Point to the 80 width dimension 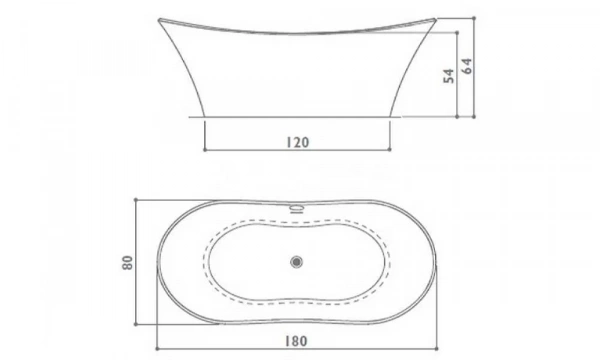(x=127, y=264)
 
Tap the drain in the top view (x=296, y=262)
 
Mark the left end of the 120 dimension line (x=205, y=150)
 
